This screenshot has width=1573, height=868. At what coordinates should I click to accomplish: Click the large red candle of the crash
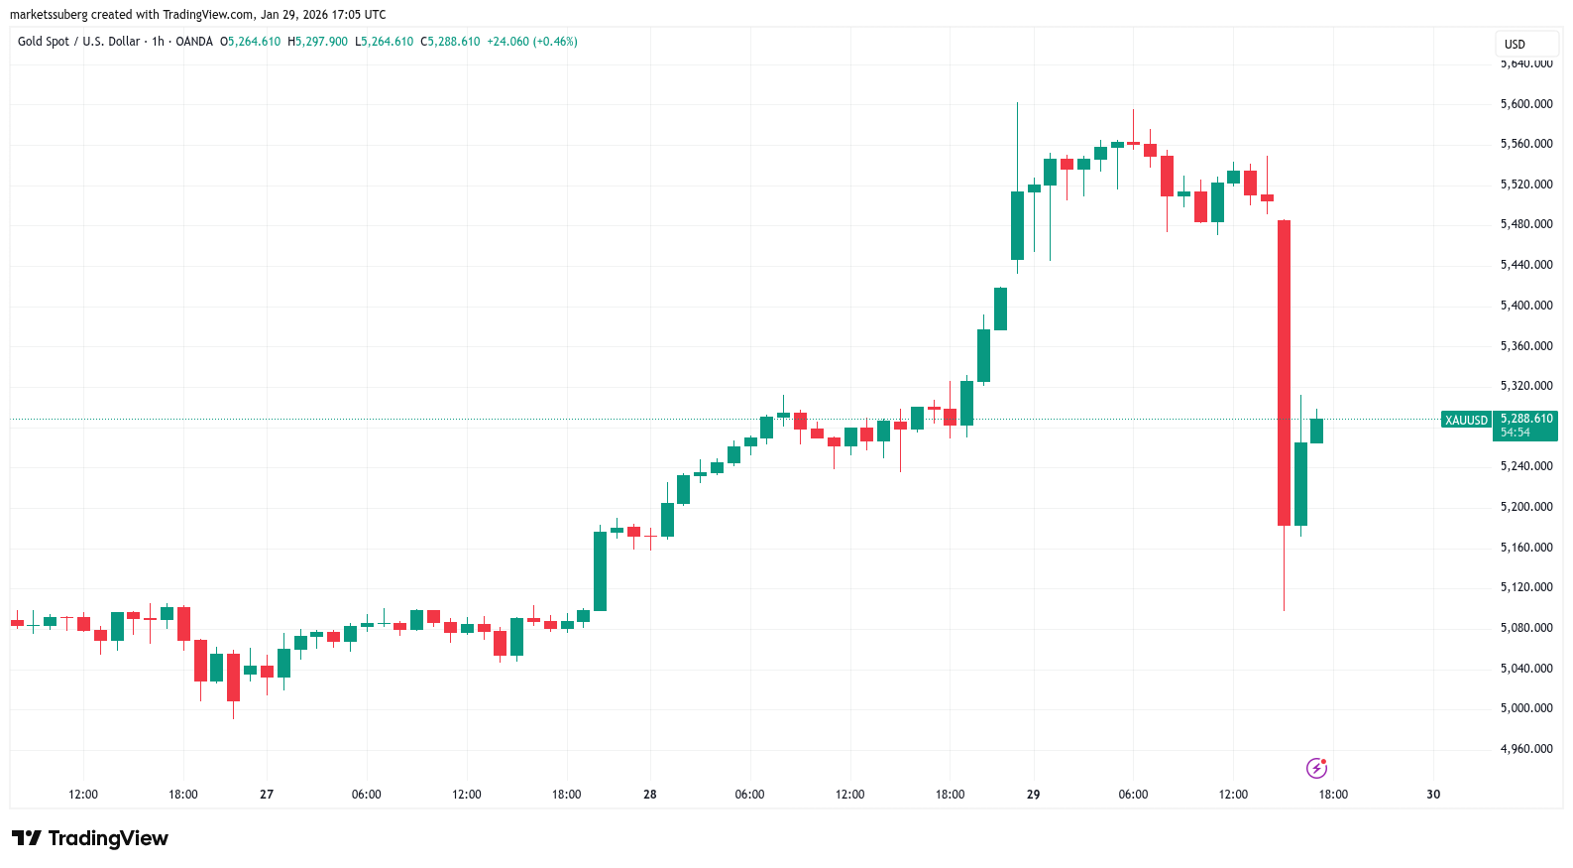point(1284,372)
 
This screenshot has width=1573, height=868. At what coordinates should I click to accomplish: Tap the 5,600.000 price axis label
point(1526,104)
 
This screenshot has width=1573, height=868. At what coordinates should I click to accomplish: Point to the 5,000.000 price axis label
point(1526,708)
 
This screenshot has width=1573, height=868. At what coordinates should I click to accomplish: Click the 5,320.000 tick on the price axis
point(1526,386)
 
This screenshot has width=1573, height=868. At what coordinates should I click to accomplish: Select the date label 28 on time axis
point(650,795)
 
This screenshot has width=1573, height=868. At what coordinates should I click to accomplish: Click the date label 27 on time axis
point(267,795)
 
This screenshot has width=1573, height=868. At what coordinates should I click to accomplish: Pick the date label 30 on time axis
point(1433,795)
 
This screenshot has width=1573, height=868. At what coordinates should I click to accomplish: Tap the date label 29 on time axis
point(1033,795)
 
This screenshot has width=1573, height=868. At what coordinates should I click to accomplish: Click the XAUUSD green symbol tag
point(1466,421)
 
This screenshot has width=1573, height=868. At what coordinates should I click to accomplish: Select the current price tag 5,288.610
point(1526,420)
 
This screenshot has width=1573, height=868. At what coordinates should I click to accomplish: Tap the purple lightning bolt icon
point(1316,768)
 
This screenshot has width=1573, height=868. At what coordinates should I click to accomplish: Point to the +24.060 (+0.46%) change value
point(532,42)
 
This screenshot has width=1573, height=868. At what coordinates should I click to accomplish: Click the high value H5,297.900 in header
point(317,42)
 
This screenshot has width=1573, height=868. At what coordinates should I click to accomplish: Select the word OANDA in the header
point(194,42)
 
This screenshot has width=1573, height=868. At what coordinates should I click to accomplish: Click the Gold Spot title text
point(44,42)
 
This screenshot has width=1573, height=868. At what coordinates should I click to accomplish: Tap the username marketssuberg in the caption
point(49,15)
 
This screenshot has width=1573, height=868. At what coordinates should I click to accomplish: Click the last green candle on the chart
point(1316,431)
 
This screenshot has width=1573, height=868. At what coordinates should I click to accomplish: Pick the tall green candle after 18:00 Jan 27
point(600,570)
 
